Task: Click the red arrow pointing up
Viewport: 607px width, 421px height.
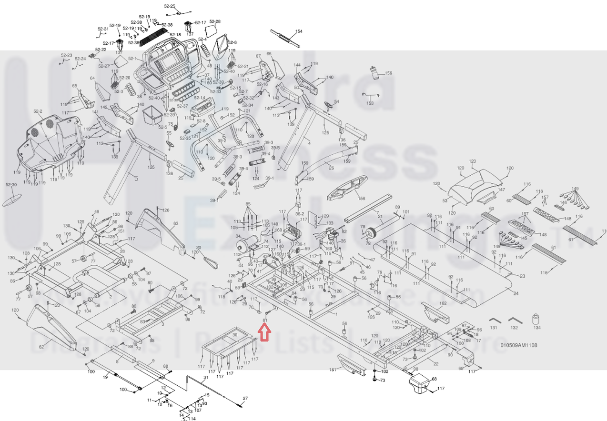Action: click(264, 333)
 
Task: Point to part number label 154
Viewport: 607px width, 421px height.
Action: click(299, 31)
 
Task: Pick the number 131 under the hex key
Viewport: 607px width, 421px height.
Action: click(494, 328)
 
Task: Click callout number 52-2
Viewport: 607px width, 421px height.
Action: click(38, 111)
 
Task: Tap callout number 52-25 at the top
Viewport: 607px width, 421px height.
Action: click(170, 7)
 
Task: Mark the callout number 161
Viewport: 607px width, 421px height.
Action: click(333, 370)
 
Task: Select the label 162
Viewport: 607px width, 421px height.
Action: click(443, 303)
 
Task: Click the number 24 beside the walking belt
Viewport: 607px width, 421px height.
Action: click(516, 293)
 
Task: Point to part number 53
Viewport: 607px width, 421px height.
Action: click(445, 201)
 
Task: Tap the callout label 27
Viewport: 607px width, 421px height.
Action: click(246, 398)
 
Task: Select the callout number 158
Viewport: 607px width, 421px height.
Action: click(362, 199)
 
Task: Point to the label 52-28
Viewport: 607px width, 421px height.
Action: click(215, 22)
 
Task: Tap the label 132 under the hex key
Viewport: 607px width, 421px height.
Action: click(514, 328)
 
